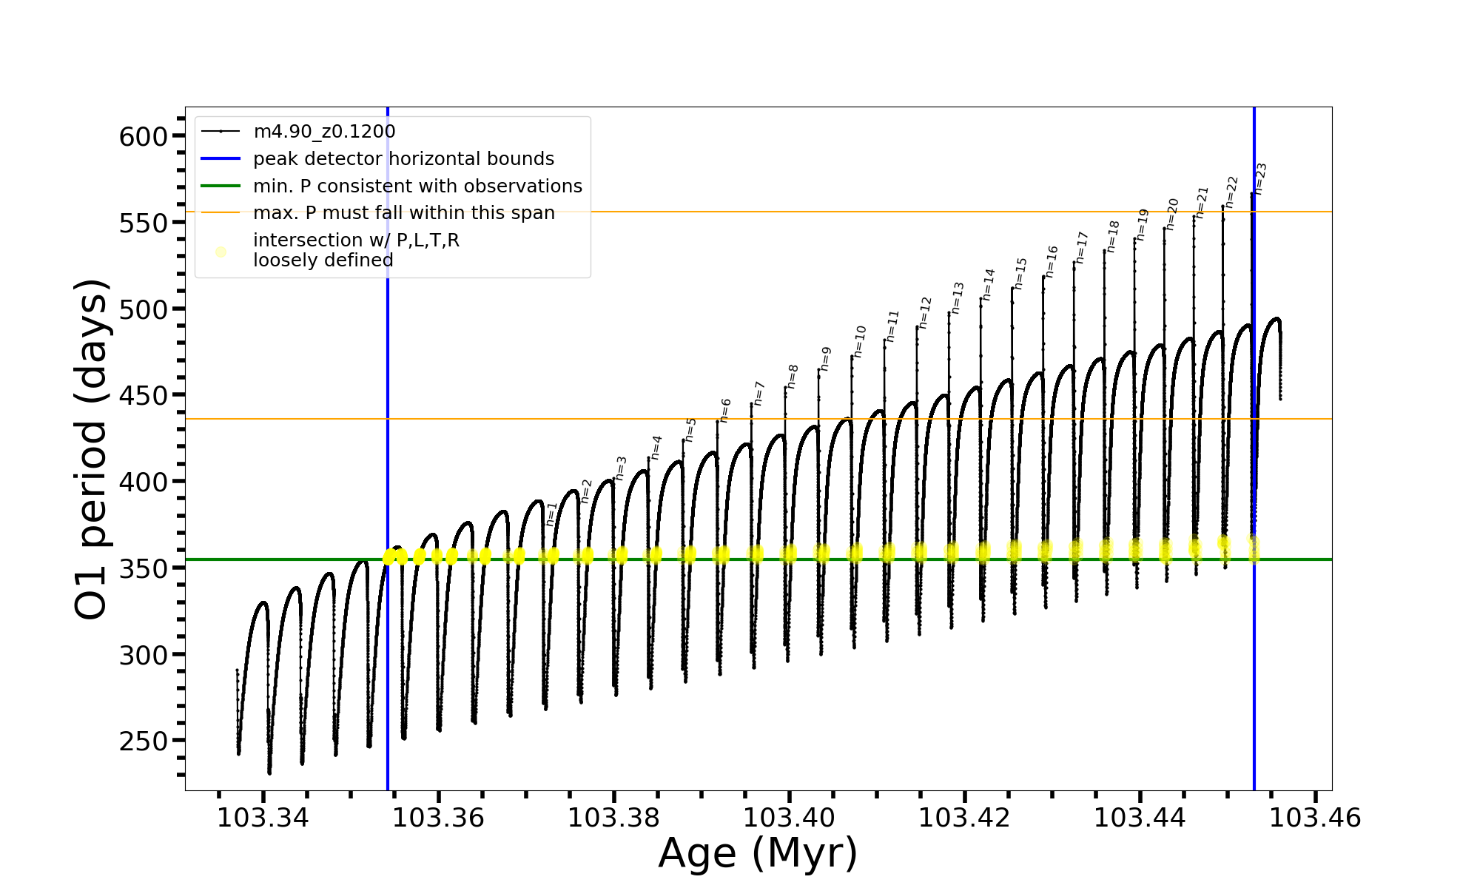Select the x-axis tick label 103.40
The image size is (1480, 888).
789,818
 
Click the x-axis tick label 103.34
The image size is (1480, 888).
263,818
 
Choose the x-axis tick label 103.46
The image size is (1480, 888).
1315,818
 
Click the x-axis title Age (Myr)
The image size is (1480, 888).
758,853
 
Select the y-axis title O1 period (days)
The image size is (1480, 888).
92,449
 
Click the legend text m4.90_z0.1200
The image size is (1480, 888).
324,132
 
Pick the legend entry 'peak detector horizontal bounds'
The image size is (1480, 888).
403,159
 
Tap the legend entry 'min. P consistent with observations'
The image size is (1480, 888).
417,186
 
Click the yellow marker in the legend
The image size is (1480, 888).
221,252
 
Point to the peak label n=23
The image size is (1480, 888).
1261,179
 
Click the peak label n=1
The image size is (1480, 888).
551,514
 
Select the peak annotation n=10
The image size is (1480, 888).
859,341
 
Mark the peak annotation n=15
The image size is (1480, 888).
1021,273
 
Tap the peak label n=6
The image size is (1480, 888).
725,411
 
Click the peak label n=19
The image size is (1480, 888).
1143,224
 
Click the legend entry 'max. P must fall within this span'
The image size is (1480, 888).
403,213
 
